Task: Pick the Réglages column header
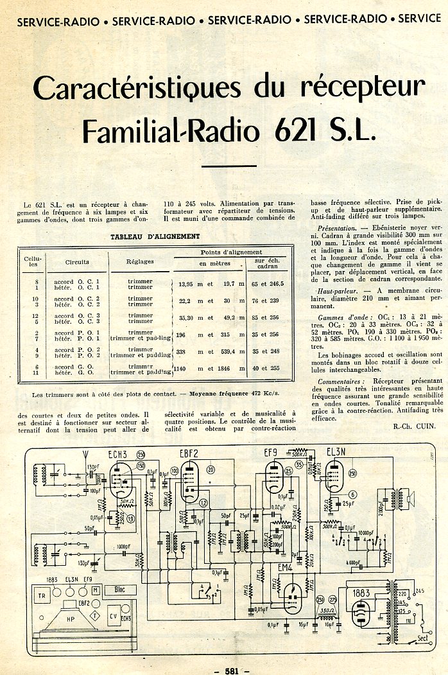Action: tap(139, 262)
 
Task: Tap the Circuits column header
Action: tap(77, 262)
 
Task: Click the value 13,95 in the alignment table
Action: tap(185, 283)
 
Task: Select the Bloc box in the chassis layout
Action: tap(119, 590)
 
